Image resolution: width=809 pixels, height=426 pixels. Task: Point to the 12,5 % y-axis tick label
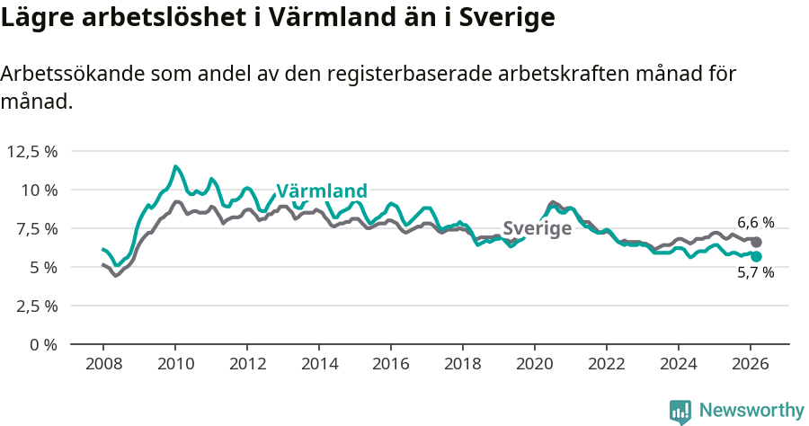[32, 151]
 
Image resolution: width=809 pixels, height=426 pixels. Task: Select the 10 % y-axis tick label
[39, 190]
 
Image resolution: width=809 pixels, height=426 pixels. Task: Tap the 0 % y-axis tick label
[43, 344]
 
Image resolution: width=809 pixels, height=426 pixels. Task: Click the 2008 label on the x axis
[103, 363]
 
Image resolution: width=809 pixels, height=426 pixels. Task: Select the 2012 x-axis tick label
[247, 363]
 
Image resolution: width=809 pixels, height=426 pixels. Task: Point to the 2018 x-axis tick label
[463, 363]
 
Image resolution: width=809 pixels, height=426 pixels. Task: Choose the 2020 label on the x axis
[535, 363]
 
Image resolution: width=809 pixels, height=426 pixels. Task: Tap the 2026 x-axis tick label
[751, 363]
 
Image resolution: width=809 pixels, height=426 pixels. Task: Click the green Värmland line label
[322, 191]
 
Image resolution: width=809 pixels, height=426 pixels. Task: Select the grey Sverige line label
[537, 228]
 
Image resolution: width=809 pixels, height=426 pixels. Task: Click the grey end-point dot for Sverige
[757, 242]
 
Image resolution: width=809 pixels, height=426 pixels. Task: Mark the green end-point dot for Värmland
[757, 256]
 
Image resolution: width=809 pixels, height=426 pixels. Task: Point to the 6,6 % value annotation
[755, 222]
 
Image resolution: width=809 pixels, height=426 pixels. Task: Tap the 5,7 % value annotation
[755, 273]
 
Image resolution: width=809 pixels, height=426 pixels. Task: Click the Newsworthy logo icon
[680, 412]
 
